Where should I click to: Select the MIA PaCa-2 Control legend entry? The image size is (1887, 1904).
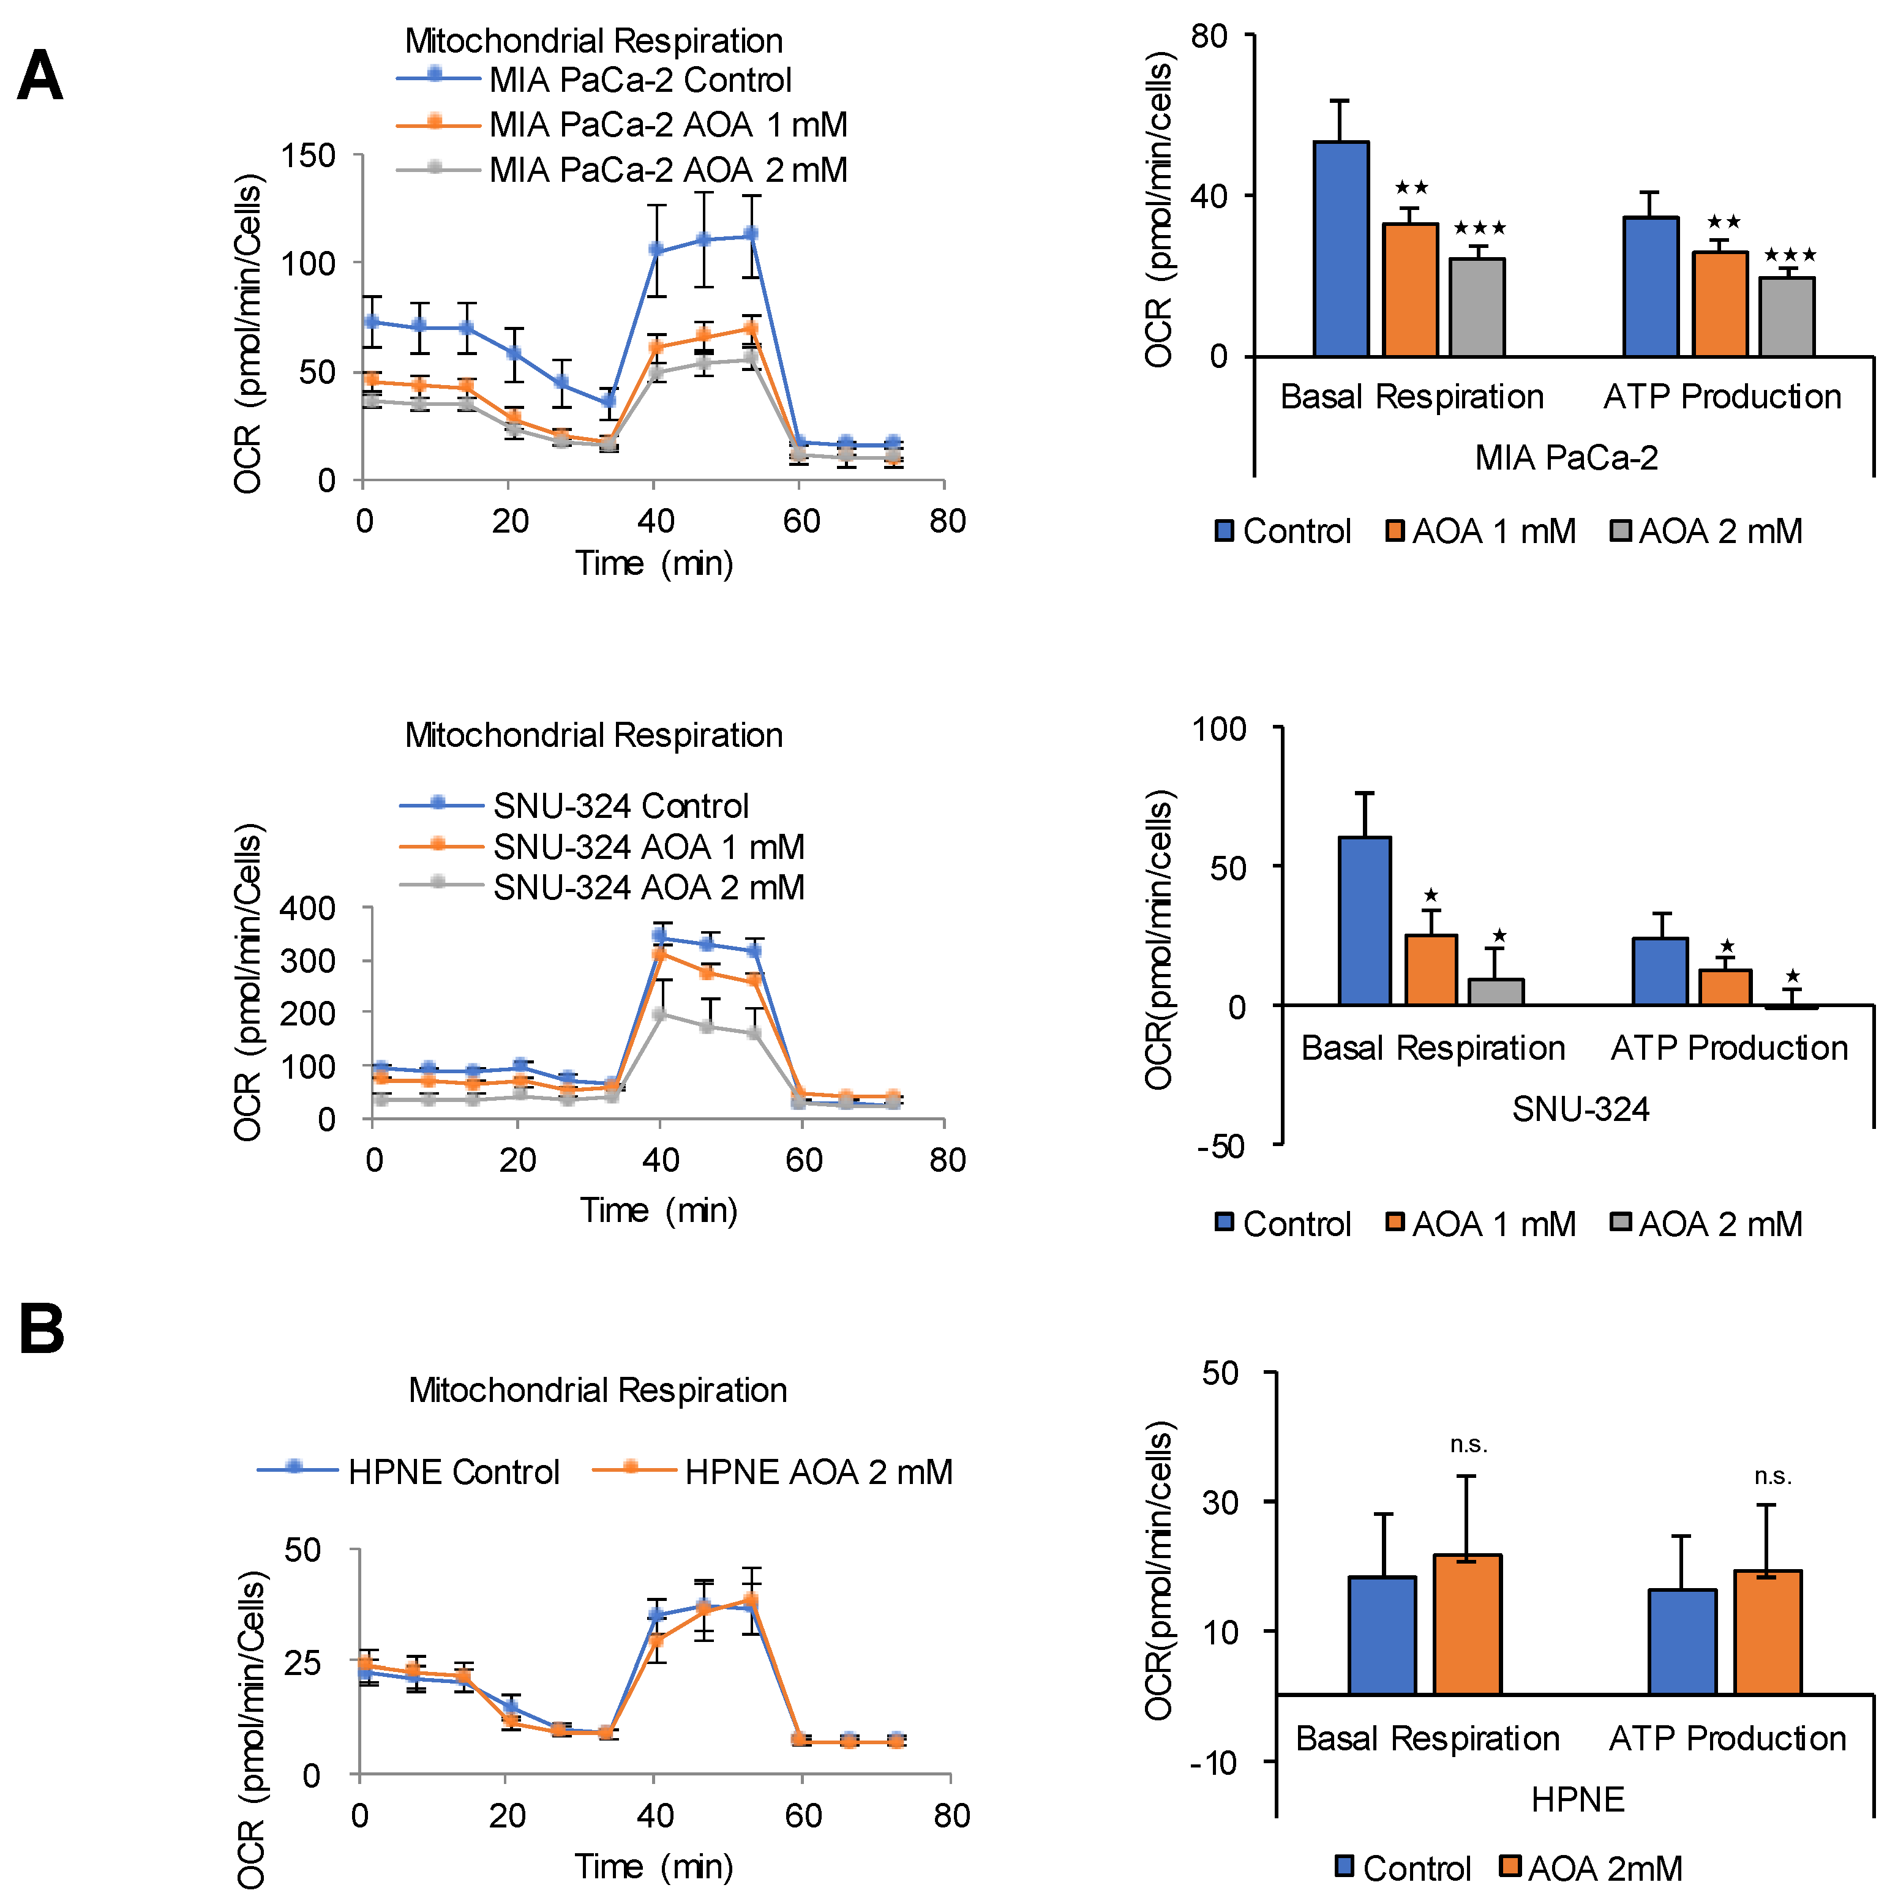click(x=640, y=80)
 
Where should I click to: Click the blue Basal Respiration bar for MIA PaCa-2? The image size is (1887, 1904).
click(x=1340, y=249)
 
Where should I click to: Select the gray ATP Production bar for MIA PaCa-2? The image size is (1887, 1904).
click(x=1787, y=317)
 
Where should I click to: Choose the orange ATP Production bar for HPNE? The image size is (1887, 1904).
click(x=1767, y=1632)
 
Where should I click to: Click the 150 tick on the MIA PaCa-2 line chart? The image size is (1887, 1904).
click(x=309, y=156)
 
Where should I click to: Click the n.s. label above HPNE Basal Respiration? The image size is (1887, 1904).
click(x=1468, y=1445)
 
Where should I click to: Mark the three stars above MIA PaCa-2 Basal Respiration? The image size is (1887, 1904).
click(x=1479, y=228)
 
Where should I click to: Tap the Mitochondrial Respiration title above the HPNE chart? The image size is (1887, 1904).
click(x=597, y=1390)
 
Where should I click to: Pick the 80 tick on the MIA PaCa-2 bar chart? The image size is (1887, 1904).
click(x=1209, y=37)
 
